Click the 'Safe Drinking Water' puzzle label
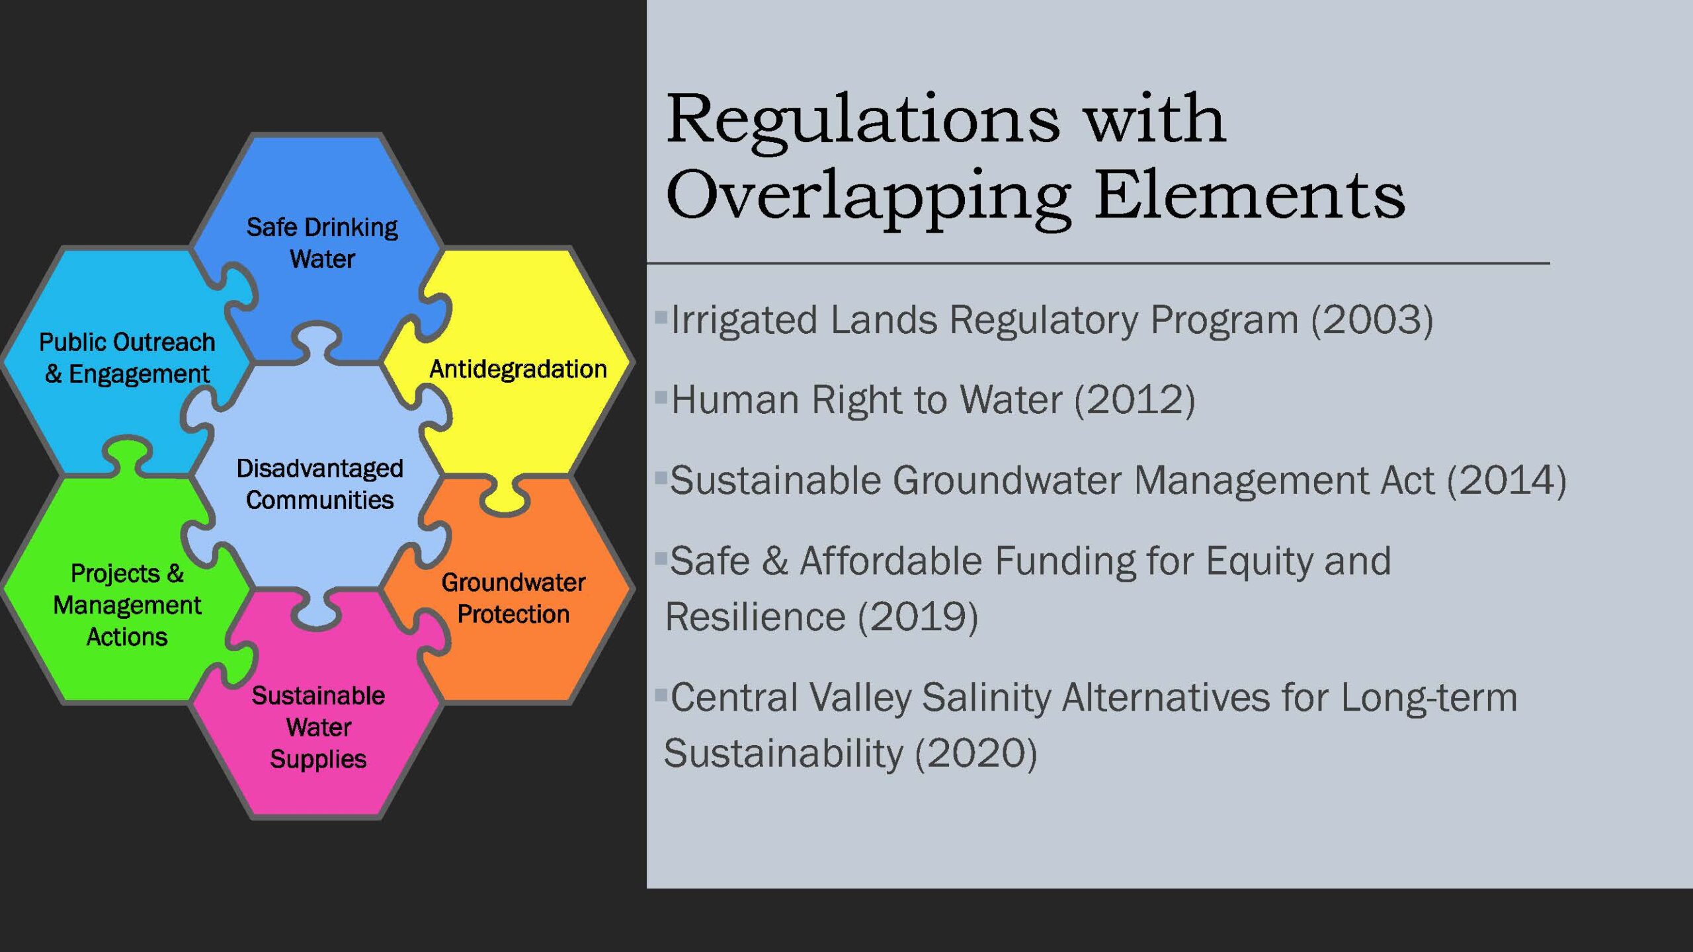click(322, 243)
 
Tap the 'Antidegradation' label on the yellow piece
click(518, 369)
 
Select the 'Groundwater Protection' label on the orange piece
click(513, 598)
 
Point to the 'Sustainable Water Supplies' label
click(318, 727)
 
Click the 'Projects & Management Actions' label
click(127, 605)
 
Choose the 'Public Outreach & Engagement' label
click(127, 358)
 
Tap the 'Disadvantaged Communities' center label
click(320, 484)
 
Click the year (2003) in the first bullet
click(1372, 320)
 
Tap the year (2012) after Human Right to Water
click(1135, 400)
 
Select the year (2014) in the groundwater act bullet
click(1507, 480)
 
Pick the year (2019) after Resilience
click(918, 617)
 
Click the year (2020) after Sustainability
click(976, 753)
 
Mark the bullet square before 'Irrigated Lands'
click(661, 317)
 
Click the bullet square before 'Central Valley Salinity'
click(661, 694)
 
